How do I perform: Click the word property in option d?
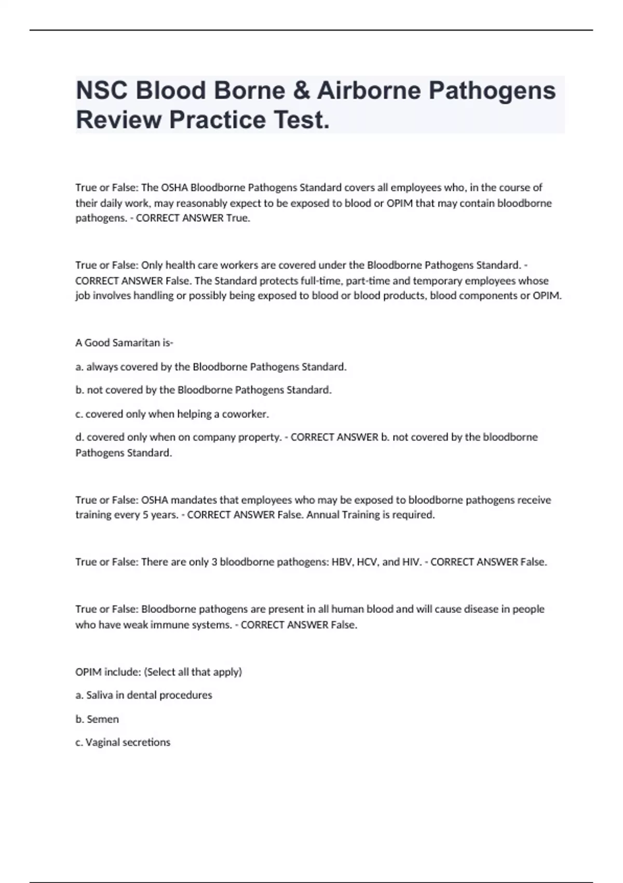[x=259, y=437]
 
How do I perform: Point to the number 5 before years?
[x=145, y=515]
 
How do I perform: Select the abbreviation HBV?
[x=343, y=562]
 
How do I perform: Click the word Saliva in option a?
[x=99, y=695]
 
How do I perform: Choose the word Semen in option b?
[x=103, y=719]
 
